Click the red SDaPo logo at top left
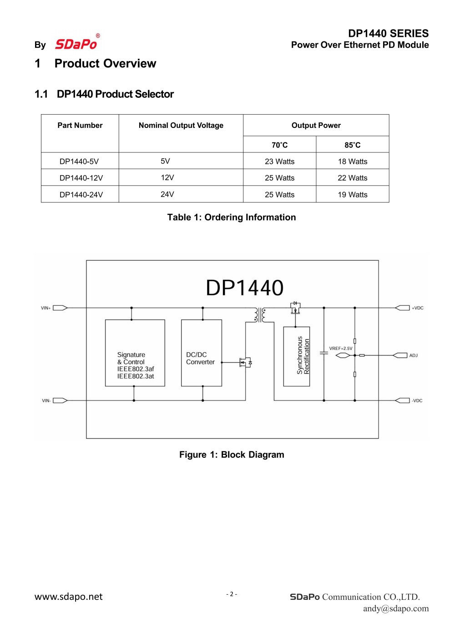tap(76, 44)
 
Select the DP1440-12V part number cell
tap(81, 178)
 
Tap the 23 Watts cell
tap(279, 162)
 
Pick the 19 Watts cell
tap(352, 195)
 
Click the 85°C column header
tap(352, 145)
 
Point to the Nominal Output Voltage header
tap(181, 126)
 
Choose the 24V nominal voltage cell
tap(167, 194)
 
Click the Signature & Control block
tap(135, 353)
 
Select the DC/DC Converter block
tap(201, 353)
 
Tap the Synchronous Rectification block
tap(297, 356)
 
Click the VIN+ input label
tap(46, 308)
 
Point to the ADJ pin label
tap(413, 355)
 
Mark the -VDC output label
tap(417, 401)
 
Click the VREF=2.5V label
tap(340, 349)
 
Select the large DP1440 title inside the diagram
tap(244, 288)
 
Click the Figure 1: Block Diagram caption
tap(232, 455)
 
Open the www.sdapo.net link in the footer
tap(69, 597)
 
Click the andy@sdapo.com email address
tap(395, 608)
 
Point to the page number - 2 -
tap(232, 594)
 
